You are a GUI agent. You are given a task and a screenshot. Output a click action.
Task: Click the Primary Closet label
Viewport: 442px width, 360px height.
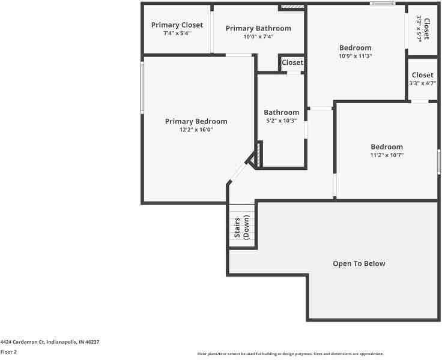coord(177,25)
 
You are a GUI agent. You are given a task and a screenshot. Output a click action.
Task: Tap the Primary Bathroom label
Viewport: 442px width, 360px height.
coord(258,28)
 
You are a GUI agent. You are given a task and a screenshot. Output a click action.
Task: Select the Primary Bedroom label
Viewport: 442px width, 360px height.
coord(196,121)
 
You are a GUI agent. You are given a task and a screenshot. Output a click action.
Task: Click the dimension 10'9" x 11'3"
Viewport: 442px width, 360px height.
coord(356,56)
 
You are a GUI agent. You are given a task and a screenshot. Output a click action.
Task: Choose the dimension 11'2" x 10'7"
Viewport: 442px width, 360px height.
coord(387,155)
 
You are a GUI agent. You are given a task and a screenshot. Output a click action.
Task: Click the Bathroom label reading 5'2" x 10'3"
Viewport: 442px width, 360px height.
coord(281,112)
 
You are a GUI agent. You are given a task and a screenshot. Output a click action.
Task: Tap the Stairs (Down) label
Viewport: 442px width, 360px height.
coord(241,227)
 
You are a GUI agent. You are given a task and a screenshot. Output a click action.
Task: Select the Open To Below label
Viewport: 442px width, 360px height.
coord(359,263)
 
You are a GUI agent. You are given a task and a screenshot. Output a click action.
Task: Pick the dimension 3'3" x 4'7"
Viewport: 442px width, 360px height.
coord(423,83)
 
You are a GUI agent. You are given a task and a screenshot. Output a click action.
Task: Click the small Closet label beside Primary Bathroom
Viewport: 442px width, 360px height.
coord(292,62)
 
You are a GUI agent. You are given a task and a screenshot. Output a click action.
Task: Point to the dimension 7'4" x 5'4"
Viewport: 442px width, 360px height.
coord(177,34)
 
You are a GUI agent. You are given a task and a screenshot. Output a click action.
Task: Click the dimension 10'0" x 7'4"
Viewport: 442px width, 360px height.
coord(258,37)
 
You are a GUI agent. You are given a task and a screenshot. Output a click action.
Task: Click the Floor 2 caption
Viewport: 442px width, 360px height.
coord(8,352)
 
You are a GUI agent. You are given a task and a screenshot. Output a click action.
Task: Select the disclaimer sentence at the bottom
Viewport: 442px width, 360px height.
coord(291,354)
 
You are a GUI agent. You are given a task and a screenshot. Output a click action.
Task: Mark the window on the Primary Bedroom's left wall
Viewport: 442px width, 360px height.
coord(142,88)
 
